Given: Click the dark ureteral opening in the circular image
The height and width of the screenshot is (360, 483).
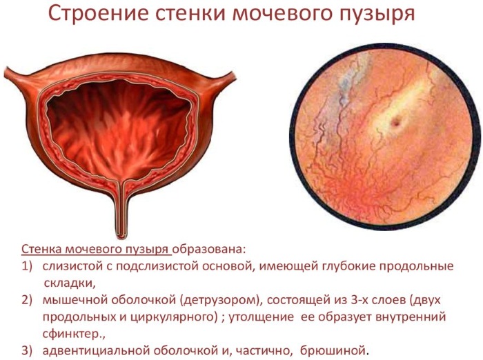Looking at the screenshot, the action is (395, 123).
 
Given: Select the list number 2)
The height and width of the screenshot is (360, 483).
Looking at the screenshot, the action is (27, 300).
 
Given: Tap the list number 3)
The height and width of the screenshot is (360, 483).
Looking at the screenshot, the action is (27, 351).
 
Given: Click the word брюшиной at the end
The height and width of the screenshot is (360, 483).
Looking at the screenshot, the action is (333, 351).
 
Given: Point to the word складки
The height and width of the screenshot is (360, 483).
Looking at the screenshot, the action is (68, 283).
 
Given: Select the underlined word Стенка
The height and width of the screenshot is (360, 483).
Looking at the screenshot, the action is (41, 250).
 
